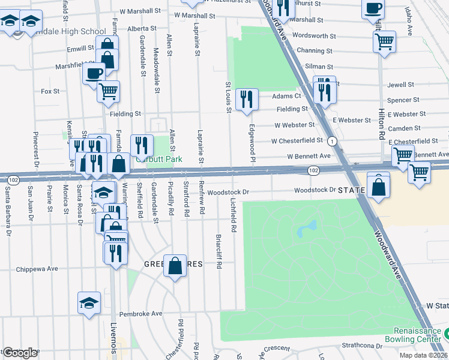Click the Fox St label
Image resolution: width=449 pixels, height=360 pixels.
pyautogui.click(x=50, y=91)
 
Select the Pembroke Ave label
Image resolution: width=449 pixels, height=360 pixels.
pyautogui.click(x=141, y=313)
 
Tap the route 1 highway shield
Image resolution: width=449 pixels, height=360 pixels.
pyautogui.click(x=331, y=141)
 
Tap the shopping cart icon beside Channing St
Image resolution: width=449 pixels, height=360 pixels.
pyautogui.click(x=384, y=42)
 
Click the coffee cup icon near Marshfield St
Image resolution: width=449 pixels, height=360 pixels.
pyautogui.click(x=94, y=73)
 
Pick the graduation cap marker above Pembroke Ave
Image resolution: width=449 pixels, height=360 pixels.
pyautogui.click(x=89, y=302)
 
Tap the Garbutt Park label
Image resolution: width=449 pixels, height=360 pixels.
pyautogui.click(x=157, y=160)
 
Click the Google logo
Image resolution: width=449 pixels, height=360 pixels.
pyautogui.click(x=20, y=352)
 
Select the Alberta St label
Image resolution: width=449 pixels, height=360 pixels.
pyautogui.click(x=142, y=28)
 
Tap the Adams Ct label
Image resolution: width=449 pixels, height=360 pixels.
pyautogui.click(x=286, y=96)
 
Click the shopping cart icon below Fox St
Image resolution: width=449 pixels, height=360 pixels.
pyautogui.click(x=108, y=91)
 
